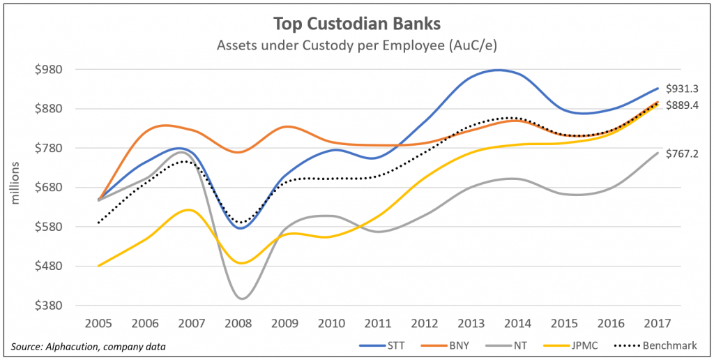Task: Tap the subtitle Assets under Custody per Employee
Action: [x=356, y=46]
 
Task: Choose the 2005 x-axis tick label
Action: [x=99, y=324]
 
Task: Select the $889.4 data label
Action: [x=681, y=105]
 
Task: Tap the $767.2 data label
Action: [x=681, y=153]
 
